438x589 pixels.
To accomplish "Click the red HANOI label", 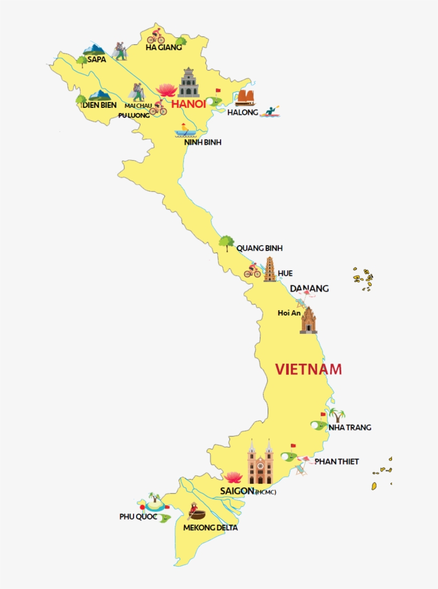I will (188, 104).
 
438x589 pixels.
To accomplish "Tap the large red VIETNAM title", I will (308, 369).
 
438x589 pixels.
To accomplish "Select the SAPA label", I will (97, 59).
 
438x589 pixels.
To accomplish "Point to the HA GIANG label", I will (163, 47).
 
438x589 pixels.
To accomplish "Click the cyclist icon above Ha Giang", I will (156, 36).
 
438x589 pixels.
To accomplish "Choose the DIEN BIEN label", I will (99, 105).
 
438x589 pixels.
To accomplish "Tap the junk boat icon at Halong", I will (246, 97).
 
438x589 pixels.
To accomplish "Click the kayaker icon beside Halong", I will (270, 112).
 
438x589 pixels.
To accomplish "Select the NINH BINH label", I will (202, 142).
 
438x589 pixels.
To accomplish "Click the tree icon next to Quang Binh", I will (226, 243).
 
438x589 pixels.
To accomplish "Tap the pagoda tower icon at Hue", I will (270, 270).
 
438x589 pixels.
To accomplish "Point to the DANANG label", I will (309, 288).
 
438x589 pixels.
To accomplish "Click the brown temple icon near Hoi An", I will (308, 320).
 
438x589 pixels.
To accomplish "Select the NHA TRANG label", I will (349, 427).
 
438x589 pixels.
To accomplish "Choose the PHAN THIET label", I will (337, 461).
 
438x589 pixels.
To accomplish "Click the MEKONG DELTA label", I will (210, 528).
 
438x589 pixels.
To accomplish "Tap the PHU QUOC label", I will (138, 517).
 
